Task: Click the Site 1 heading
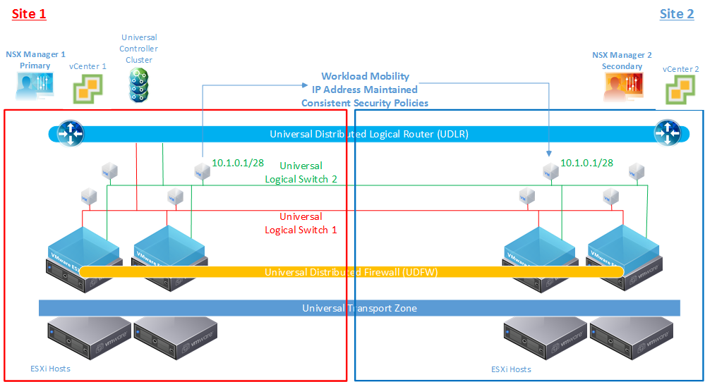(x=29, y=14)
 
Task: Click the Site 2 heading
(x=677, y=14)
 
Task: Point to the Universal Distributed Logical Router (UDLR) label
(x=368, y=134)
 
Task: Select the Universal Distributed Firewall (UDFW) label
(x=351, y=272)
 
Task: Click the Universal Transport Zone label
(x=359, y=308)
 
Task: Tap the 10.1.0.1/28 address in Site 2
(x=586, y=163)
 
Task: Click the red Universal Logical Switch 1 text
(x=301, y=223)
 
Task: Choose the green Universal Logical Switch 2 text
(x=301, y=173)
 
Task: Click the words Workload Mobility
(x=365, y=76)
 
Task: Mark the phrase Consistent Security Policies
(x=365, y=103)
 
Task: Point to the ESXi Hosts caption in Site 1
(x=50, y=369)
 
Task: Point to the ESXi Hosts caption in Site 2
(x=511, y=369)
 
